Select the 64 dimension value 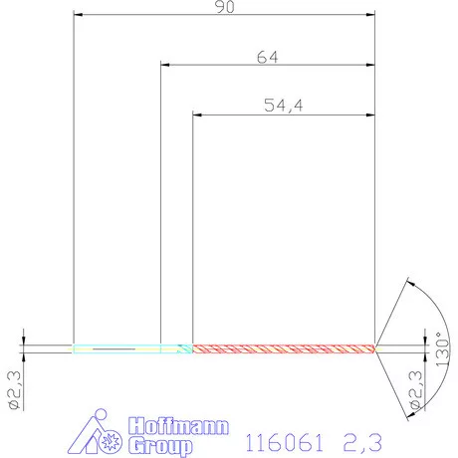tap(267, 57)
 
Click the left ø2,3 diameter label tap(13, 390)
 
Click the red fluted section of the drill tap(283, 348)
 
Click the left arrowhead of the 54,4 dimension tap(196, 115)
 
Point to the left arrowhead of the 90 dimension tap(79, 16)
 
